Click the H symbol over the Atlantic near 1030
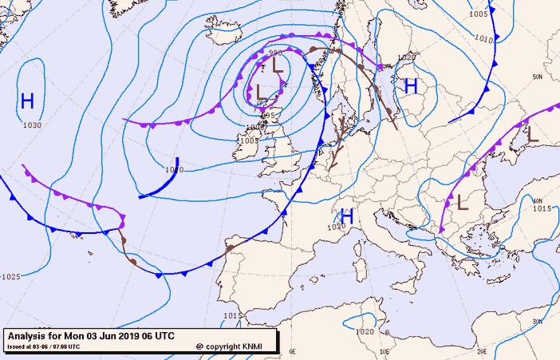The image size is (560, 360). click(x=28, y=101)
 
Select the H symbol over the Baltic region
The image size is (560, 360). click(x=411, y=85)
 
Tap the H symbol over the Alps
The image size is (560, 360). click(x=347, y=216)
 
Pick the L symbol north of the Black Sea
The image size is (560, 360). click(x=532, y=135)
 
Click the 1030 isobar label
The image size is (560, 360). click(x=32, y=125)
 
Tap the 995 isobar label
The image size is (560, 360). click(x=268, y=116)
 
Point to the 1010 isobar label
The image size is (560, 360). click(x=483, y=38)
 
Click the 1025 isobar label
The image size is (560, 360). click(x=11, y=276)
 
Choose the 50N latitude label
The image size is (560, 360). click(x=538, y=77)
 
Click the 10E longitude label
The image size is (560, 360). click(x=385, y=351)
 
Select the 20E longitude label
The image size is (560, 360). click(x=482, y=351)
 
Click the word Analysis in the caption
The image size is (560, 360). click(x=29, y=335)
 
